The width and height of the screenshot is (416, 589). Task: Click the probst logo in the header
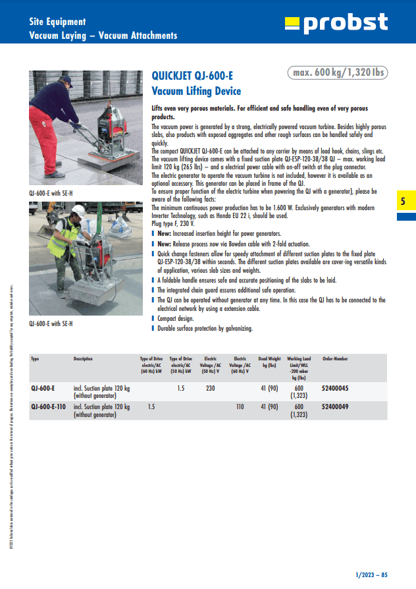click(336, 24)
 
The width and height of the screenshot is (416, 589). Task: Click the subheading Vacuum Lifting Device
click(196, 91)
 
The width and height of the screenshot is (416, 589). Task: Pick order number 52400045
click(335, 389)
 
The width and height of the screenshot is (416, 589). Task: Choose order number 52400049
click(335, 407)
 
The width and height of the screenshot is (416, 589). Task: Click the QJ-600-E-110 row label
click(49, 407)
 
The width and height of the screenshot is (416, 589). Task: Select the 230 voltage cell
click(210, 389)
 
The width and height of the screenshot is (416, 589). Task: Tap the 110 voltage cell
click(240, 407)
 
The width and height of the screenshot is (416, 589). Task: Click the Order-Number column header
click(335, 359)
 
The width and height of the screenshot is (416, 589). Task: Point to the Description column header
click(83, 359)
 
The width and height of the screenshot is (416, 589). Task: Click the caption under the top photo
click(51, 193)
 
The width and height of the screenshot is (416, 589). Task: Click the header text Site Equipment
click(57, 22)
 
